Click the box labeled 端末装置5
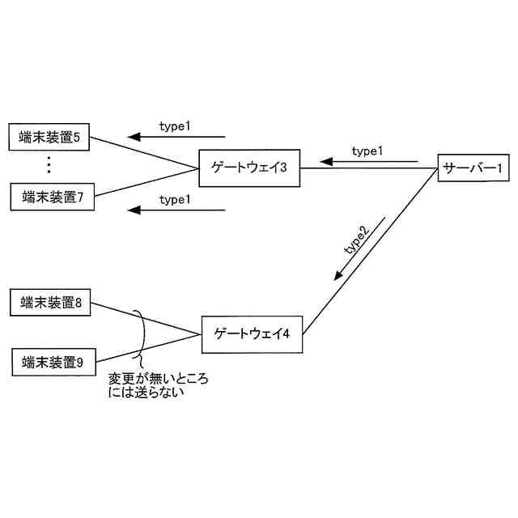click(49, 137)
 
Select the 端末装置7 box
click(53, 197)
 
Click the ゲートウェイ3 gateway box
click(249, 168)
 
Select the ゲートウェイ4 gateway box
click(252, 332)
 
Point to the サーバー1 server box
click(473, 168)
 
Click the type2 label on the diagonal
click(357, 240)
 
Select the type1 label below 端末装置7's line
click(175, 199)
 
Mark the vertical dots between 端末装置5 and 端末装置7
click(49, 166)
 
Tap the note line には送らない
click(147, 393)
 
